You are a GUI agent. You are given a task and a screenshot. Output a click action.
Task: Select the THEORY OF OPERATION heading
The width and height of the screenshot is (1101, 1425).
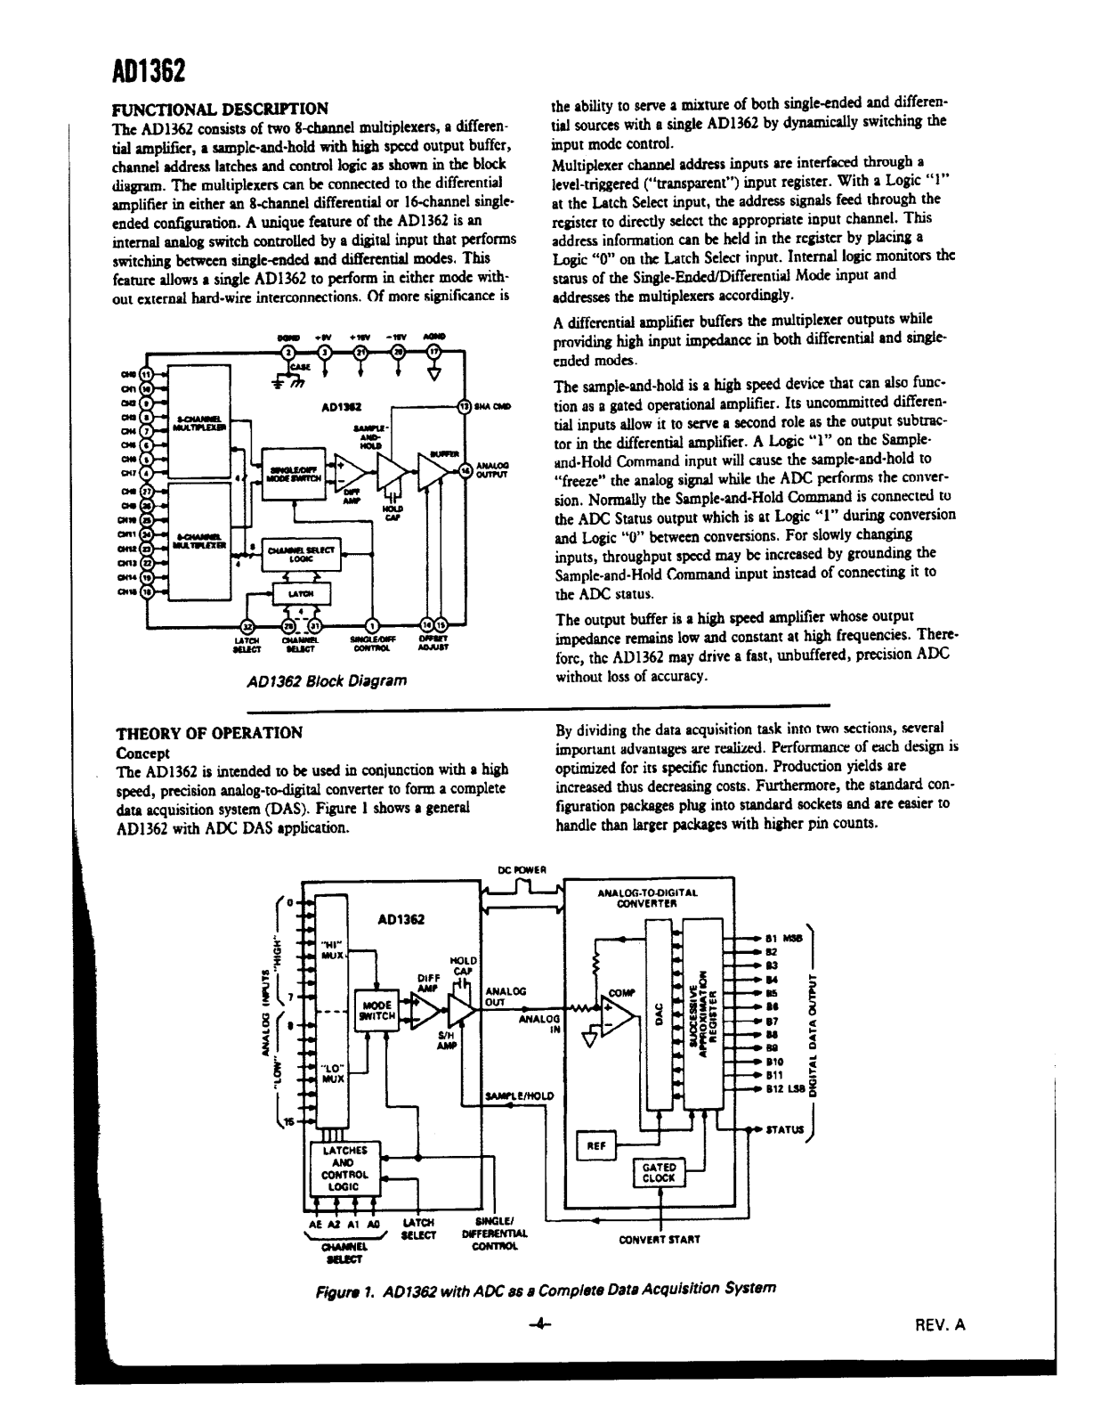coord(210,732)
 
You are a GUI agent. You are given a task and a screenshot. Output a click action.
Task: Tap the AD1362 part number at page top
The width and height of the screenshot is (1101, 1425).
coord(148,70)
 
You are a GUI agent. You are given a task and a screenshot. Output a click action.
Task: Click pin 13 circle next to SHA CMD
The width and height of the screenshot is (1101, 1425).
coord(463,406)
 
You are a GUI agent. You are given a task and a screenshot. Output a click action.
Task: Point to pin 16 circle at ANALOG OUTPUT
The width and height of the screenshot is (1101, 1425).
coord(464,470)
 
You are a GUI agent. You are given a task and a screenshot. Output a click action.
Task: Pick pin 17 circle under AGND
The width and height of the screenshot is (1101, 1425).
coord(433,352)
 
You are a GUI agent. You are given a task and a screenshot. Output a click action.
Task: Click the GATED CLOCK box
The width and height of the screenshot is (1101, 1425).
coord(659,1171)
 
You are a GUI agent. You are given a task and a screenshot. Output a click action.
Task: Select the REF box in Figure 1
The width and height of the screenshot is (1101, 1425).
coord(597,1145)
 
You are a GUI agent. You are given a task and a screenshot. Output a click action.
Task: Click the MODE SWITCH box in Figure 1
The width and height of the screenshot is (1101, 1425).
coord(377,1009)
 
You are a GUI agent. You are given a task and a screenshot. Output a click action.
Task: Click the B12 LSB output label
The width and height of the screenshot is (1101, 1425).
coord(785,1088)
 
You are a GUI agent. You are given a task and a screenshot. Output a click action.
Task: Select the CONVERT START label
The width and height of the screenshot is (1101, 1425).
coord(660,1238)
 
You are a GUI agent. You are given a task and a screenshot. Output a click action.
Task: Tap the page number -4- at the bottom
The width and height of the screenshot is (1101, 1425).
coord(539,1324)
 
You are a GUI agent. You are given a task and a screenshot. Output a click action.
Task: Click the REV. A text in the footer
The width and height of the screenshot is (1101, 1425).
coord(940,1324)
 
